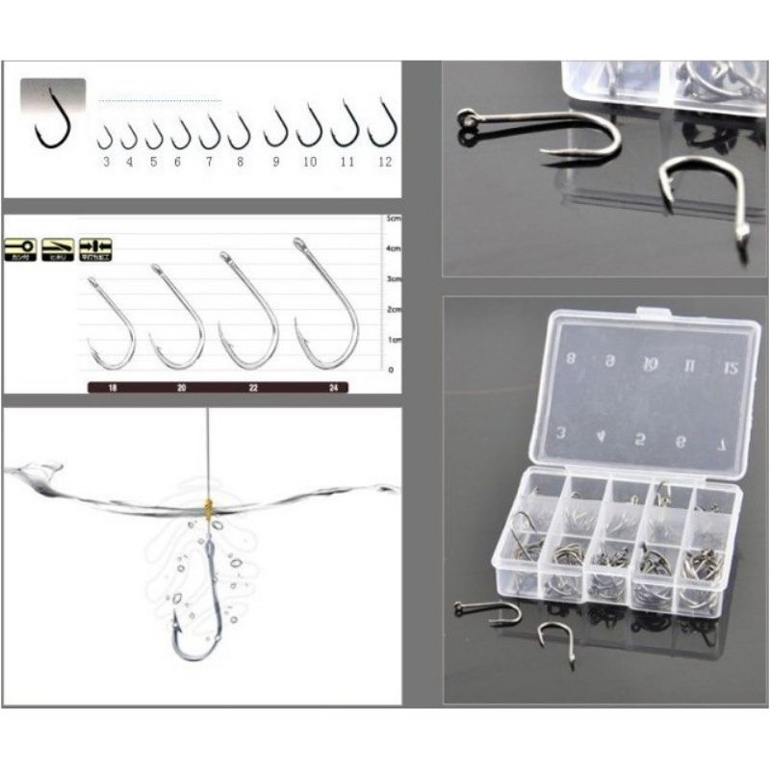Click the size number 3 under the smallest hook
(106, 162)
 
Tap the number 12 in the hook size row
(385, 162)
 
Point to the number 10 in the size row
(309, 162)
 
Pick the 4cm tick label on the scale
(393, 249)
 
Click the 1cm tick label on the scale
(393, 340)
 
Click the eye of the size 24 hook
(298, 244)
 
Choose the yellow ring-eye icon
(21, 246)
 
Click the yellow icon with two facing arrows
(95, 246)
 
